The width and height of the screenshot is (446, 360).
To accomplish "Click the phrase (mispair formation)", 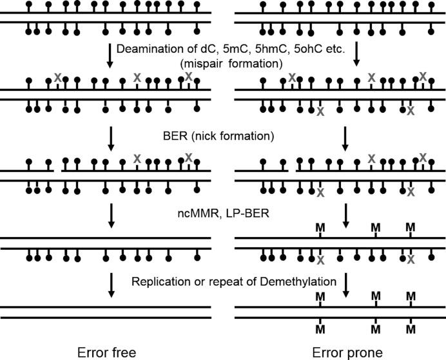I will pos(247,64).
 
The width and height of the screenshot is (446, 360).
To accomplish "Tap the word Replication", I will pos(160,281).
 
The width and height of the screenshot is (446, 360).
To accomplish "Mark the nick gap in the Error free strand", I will pos(57,171).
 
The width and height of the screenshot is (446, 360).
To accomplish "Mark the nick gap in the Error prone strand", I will pos(292,171).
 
